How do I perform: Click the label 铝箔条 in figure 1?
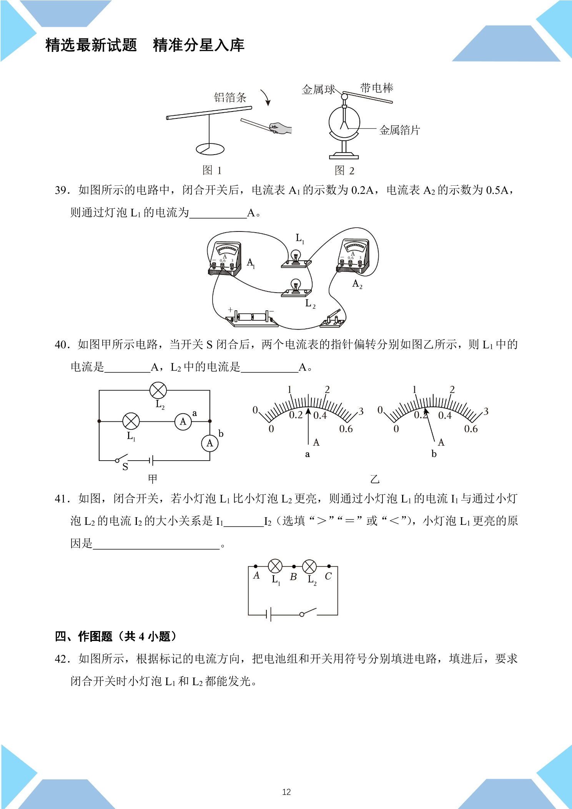(x=230, y=97)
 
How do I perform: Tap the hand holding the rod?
(x=281, y=128)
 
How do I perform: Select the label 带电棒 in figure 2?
(x=377, y=88)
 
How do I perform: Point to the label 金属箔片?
(x=400, y=130)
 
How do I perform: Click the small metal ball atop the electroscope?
(x=344, y=97)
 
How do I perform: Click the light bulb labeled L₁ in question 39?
(x=296, y=258)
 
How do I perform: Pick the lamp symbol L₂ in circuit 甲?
(x=158, y=390)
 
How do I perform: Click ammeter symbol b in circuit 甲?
(x=210, y=443)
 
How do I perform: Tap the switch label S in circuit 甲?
(x=125, y=467)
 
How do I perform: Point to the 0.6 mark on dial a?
(x=346, y=429)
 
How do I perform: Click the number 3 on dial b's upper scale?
(x=486, y=411)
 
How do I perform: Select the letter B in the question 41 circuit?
(x=293, y=577)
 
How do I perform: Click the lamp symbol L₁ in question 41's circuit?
(x=275, y=566)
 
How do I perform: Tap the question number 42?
(x=62, y=659)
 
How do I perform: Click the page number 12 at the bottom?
(x=286, y=789)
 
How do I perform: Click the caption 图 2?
(x=344, y=170)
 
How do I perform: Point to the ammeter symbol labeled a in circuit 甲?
(x=183, y=422)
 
